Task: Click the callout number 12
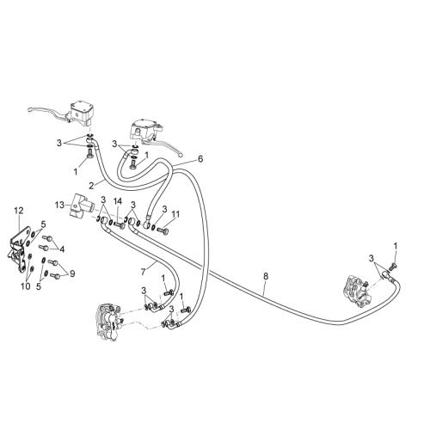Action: pos(19,211)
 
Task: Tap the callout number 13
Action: pos(60,205)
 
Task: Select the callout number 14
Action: pos(118,201)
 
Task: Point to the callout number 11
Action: pos(175,214)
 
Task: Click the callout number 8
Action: pos(266,276)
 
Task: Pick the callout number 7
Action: pos(144,272)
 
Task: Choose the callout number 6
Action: pos(200,158)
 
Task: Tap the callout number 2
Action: pos(91,186)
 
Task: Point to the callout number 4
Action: pos(62,249)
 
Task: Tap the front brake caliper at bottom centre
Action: pos(108,322)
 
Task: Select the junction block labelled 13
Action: pos(81,205)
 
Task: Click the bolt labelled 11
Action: pos(163,230)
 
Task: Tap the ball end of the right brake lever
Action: pos(180,155)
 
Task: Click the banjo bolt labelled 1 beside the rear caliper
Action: pos(392,267)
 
